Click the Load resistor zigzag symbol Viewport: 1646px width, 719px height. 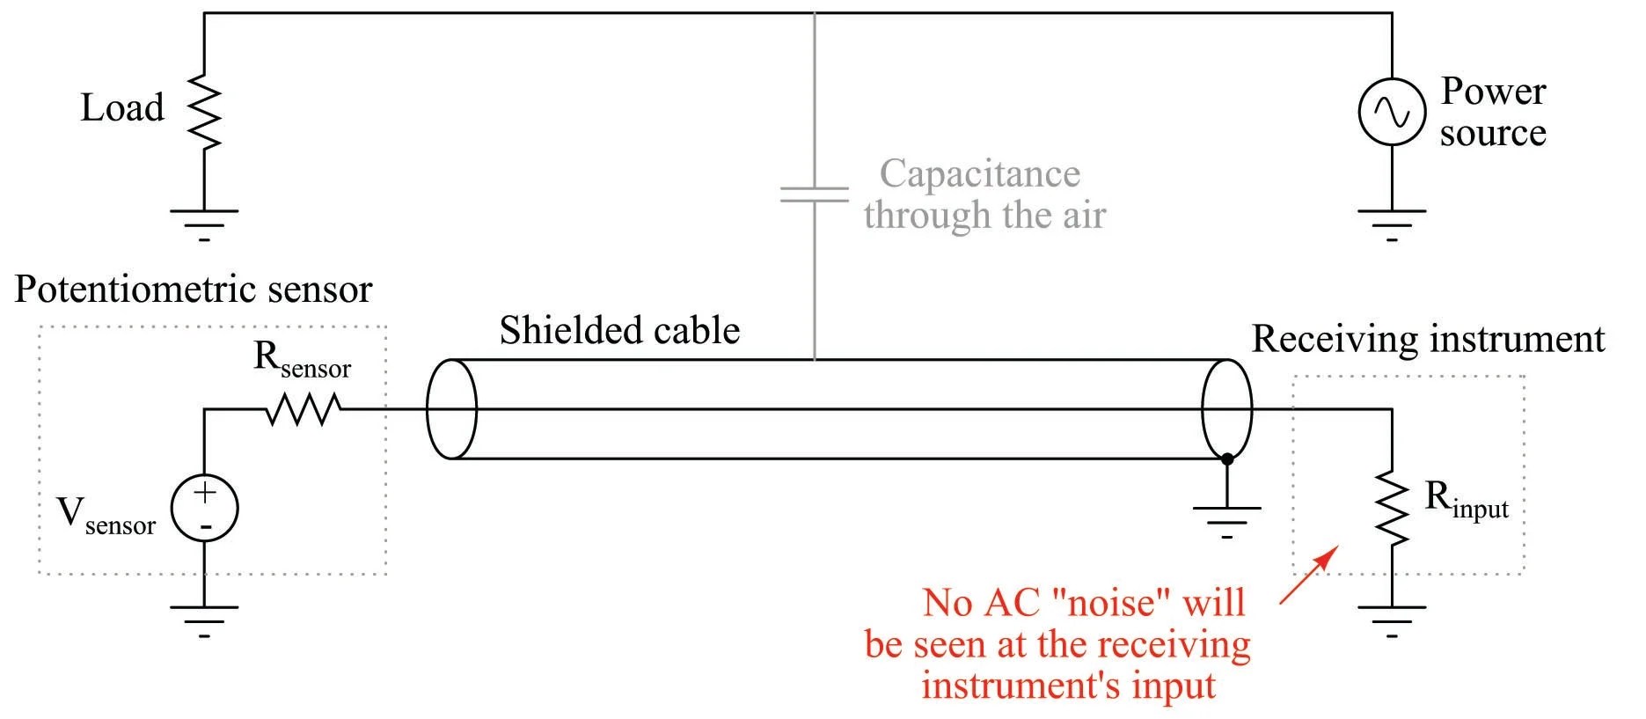click(204, 112)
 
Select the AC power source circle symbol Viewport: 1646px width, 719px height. click(1391, 112)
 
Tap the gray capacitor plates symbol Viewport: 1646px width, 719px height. click(815, 194)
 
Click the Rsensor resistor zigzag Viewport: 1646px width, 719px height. click(304, 409)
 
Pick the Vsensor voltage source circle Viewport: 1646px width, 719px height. click(204, 509)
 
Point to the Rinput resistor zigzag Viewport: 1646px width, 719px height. click(1391, 508)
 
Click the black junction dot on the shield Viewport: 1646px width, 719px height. click(1226, 459)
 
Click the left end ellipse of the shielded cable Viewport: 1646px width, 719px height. click(451, 409)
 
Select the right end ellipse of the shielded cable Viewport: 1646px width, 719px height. click(1226, 409)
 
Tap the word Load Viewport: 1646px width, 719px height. click(122, 108)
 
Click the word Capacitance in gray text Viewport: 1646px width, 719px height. click(979, 173)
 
